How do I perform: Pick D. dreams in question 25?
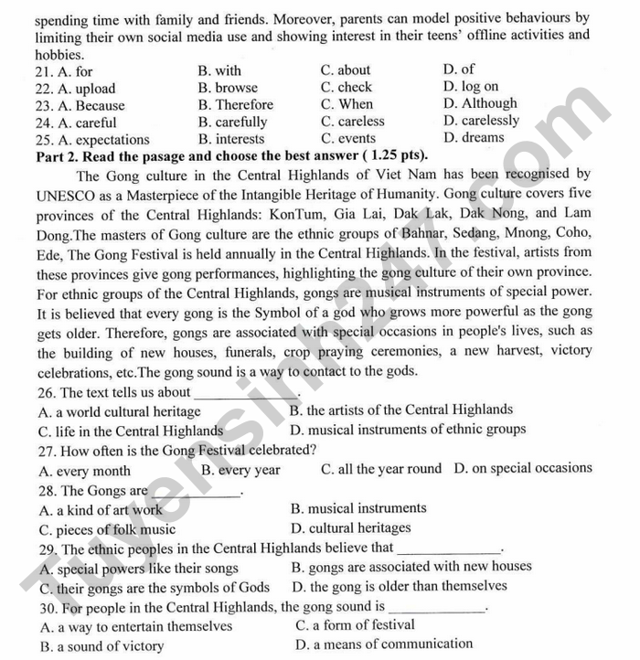(474, 138)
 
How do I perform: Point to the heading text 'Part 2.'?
(59, 154)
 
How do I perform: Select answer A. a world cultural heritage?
(120, 412)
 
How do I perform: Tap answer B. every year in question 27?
(240, 470)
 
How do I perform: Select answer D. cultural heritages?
(351, 527)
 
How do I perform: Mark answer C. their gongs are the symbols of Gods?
(154, 588)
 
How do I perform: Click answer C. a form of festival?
(355, 625)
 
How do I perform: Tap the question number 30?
(48, 607)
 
